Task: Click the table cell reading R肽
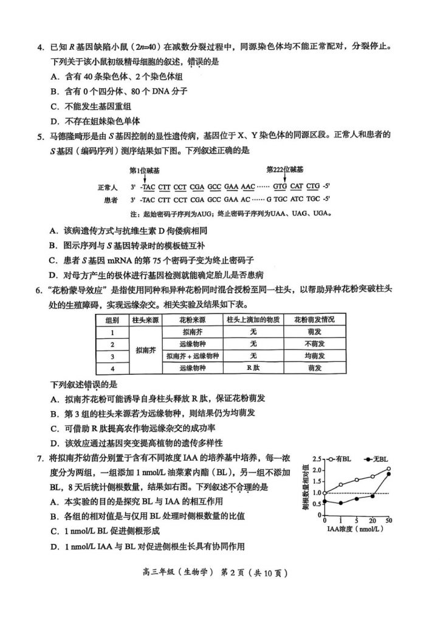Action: tap(253, 368)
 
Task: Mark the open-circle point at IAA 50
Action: tap(388, 469)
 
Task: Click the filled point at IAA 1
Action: tap(340, 503)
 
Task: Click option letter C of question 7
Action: tap(54, 531)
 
